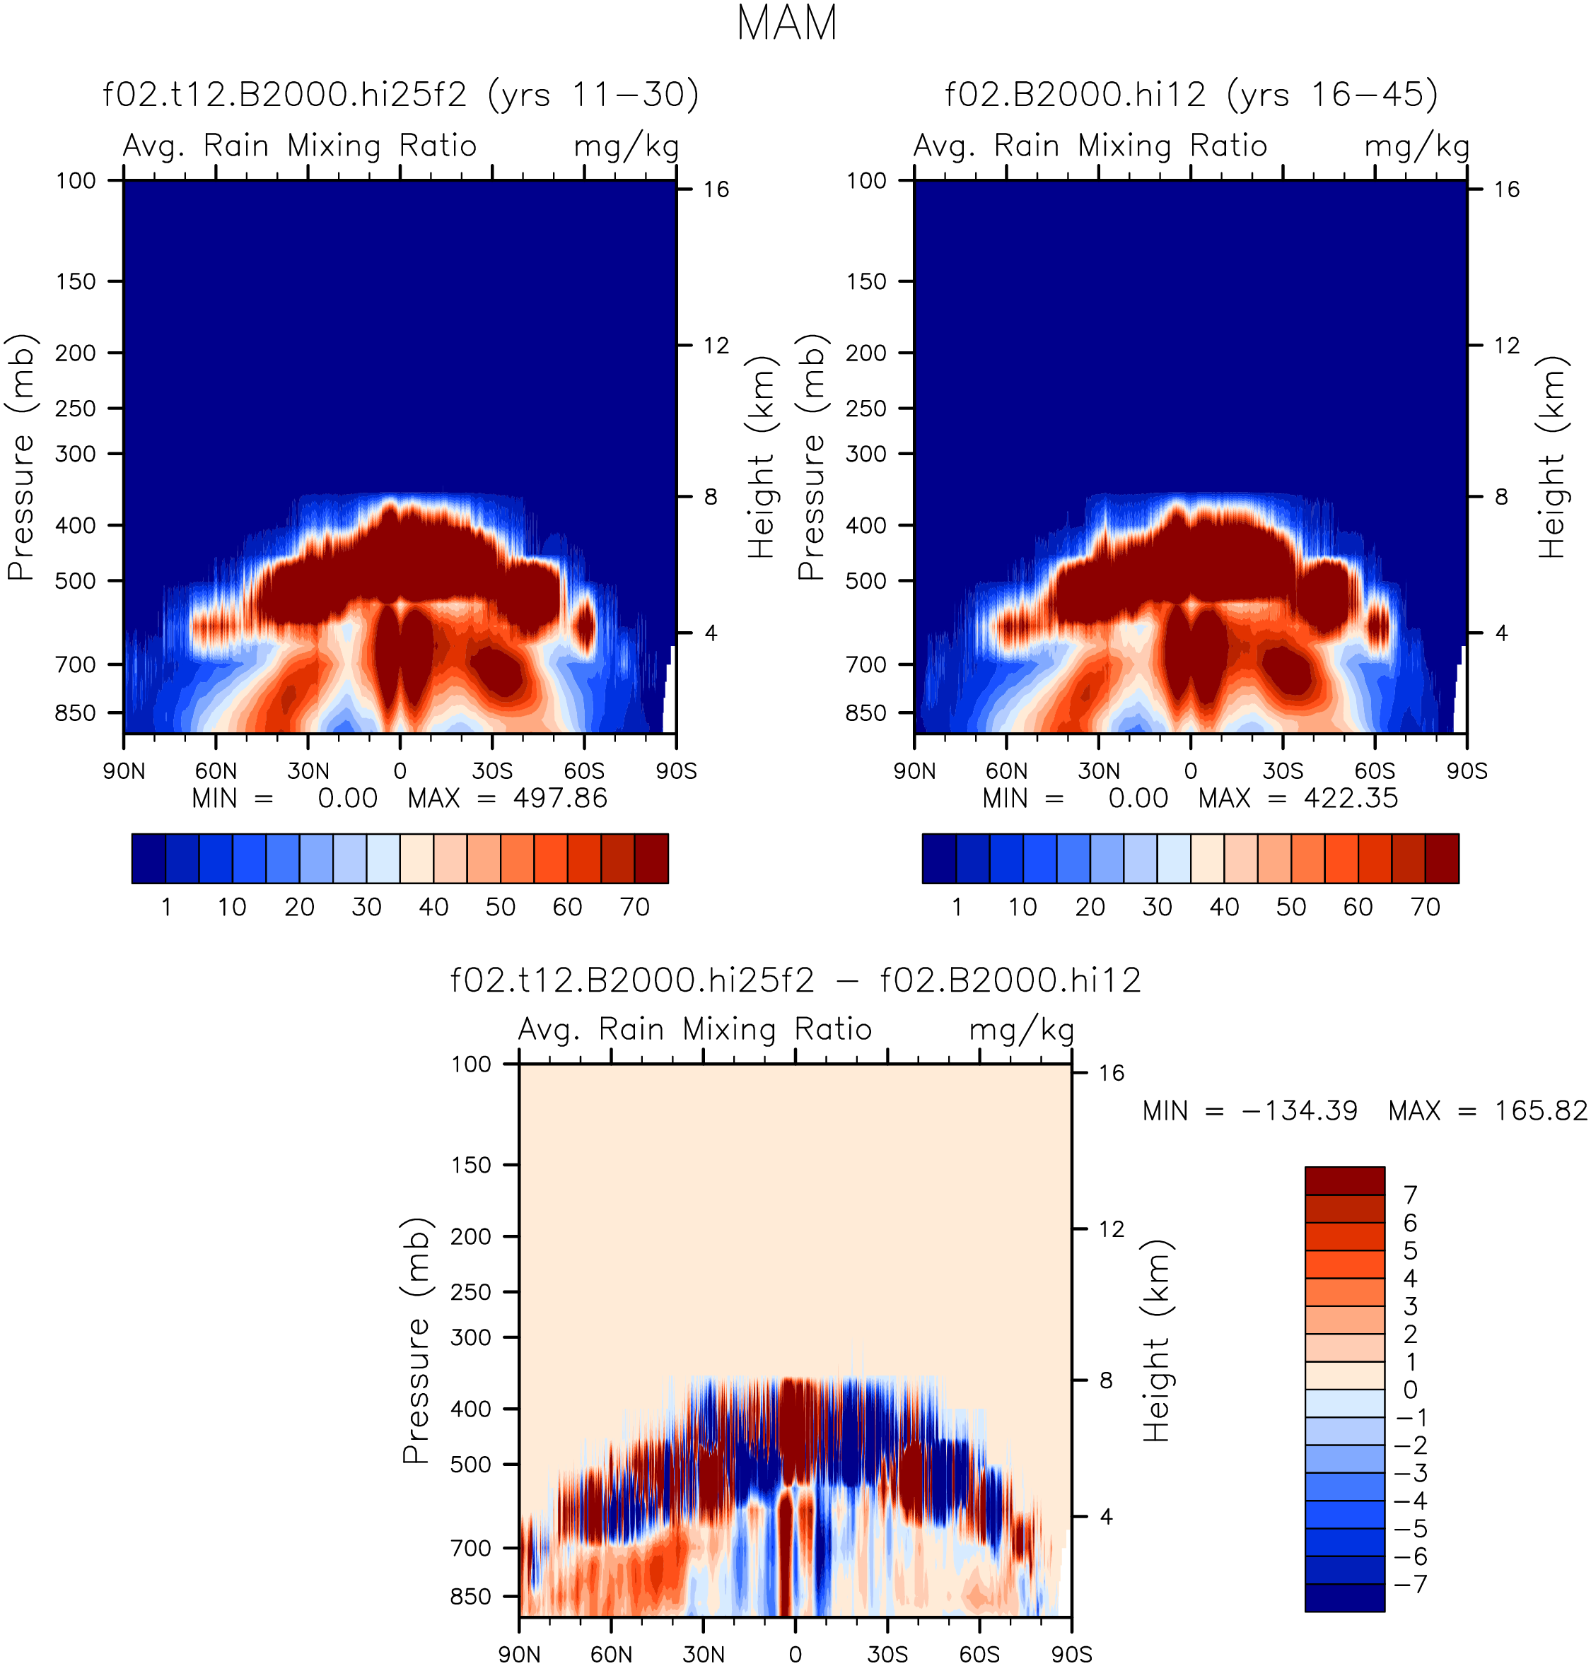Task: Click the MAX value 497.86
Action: tap(560, 799)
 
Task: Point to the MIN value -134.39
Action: tap(1299, 1110)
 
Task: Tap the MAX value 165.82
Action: tap(1540, 1110)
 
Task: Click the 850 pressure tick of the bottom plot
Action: tap(471, 1597)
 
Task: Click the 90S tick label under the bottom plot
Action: tap(1072, 1654)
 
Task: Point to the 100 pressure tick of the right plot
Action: tap(867, 180)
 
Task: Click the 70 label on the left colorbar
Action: tap(635, 907)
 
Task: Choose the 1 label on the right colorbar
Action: tap(957, 907)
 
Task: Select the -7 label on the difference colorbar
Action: tap(1411, 1584)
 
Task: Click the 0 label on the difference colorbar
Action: tap(1411, 1390)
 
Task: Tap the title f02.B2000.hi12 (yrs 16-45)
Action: tap(1191, 94)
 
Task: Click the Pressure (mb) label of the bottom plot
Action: tap(416, 1342)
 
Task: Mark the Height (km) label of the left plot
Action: tap(762, 457)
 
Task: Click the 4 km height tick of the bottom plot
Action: tap(1106, 1517)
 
